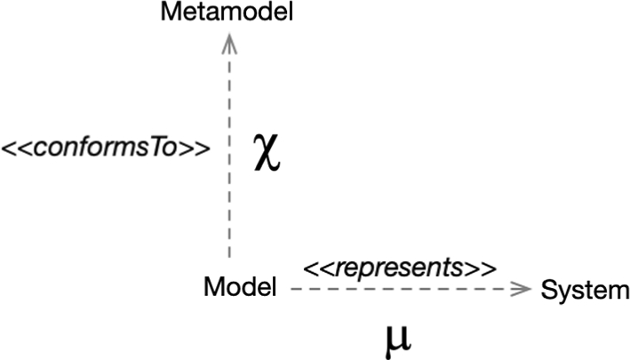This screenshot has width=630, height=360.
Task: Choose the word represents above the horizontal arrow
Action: (399, 267)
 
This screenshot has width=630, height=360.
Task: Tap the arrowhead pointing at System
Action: (524, 289)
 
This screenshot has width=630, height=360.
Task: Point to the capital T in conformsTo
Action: (163, 147)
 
